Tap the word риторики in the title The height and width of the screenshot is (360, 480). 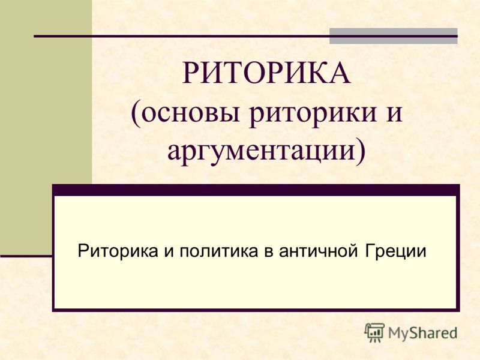coord(312,115)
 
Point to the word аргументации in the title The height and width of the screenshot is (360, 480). coord(261,152)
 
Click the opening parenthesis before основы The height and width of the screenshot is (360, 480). coord(136,113)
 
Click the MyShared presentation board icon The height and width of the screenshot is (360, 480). coord(374,332)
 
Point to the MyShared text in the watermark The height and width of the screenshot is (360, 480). coord(423,333)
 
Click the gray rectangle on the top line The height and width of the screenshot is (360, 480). coord(394,36)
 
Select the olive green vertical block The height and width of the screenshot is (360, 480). coord(46,127)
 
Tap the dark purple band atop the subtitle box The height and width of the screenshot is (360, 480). coord(256,190)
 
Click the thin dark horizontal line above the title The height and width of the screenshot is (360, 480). coord(245,36)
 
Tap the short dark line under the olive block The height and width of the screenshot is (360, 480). coord(26,256)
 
